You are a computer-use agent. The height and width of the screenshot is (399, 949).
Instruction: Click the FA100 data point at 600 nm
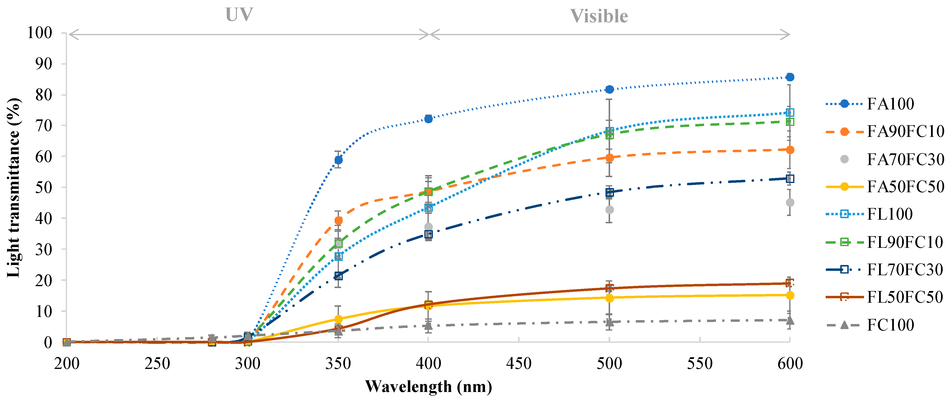(x=789, y=77)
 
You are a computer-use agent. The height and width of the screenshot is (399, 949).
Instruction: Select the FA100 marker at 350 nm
(x=338, y=160)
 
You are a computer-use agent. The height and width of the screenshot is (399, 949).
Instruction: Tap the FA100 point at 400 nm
(x=428, y=119)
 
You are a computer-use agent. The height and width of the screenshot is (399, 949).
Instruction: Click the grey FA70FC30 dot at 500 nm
(x=609, y=210)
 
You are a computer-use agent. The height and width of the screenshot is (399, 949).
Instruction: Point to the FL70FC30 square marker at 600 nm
(x=789, y=179)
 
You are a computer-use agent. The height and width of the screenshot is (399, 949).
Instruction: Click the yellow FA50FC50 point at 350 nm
(x=338, y=319)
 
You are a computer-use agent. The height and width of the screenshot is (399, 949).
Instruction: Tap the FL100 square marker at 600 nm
(x=789, y=112)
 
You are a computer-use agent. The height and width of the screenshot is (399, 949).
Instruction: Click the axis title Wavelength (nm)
(x=428, y=386)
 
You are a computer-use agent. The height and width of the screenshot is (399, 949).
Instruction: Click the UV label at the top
(x=239, y=15)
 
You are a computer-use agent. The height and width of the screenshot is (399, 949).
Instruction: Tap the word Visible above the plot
(x=599, y=16)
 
